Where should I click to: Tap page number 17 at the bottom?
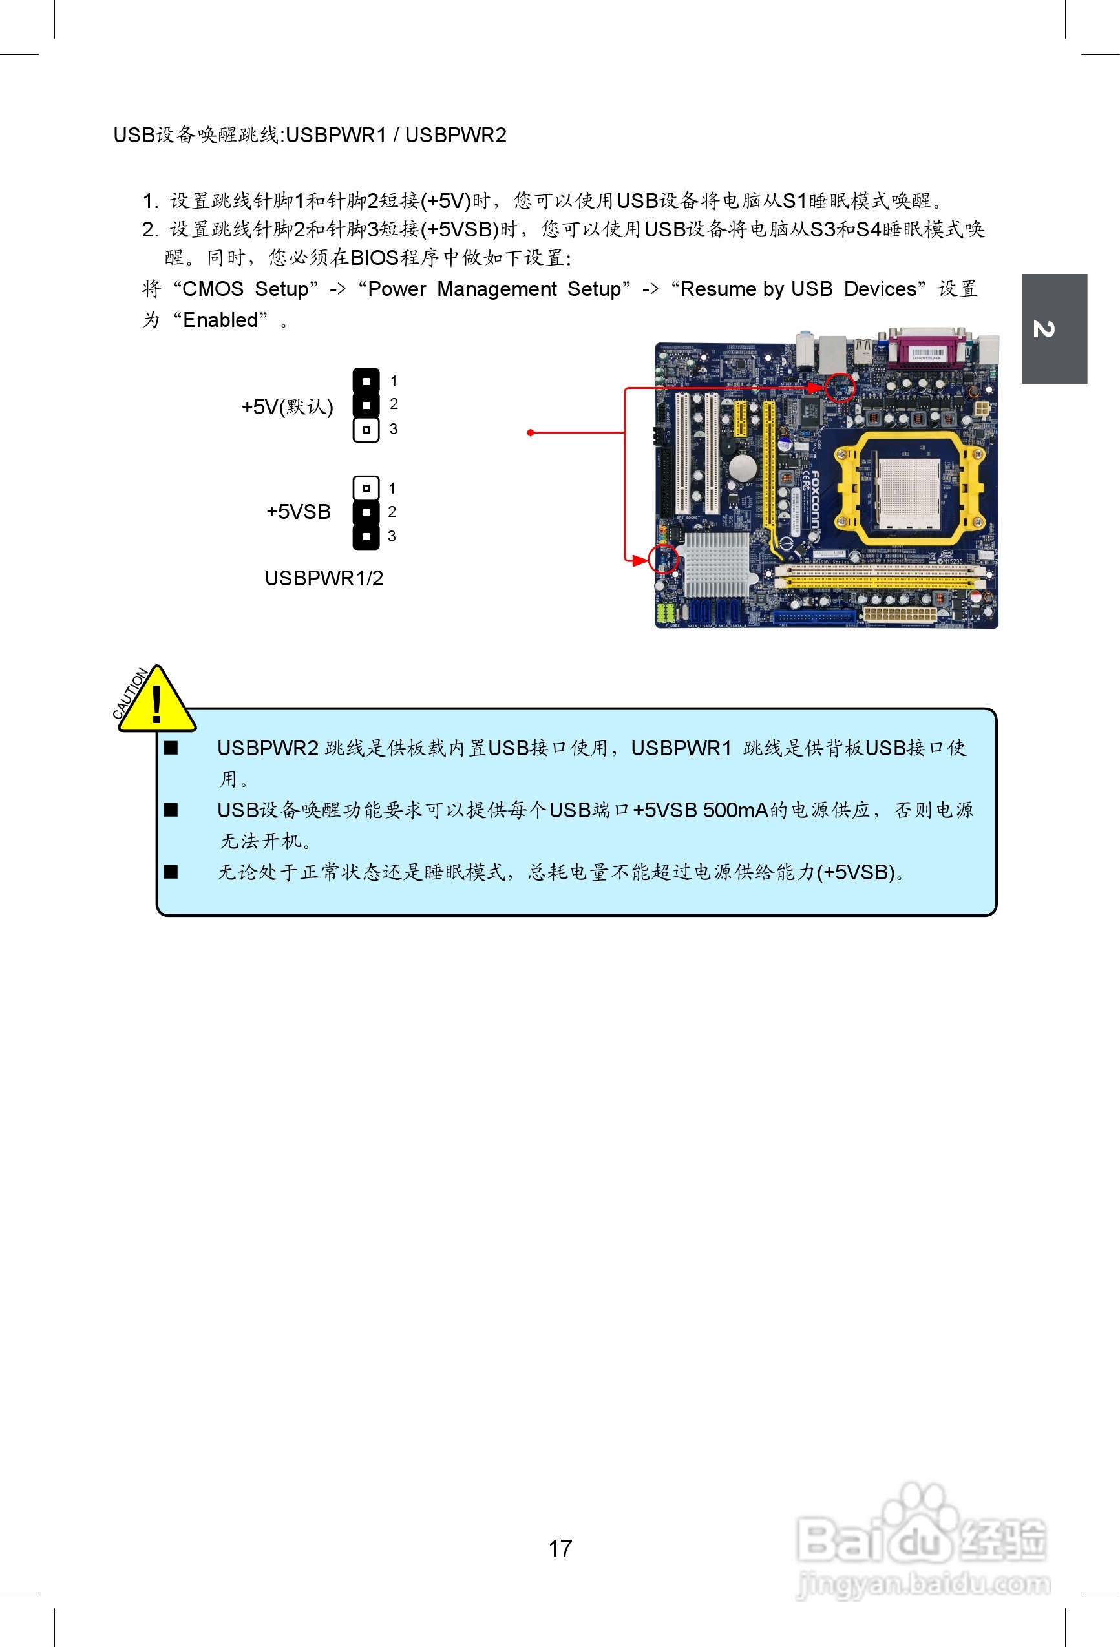coord(560,1547)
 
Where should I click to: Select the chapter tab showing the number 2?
coord(1053,329)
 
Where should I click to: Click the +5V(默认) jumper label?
coord(287,407)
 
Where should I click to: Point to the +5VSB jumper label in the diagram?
coord(299,512)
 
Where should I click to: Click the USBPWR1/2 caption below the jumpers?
coord(324,578)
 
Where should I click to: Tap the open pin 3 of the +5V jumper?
coord(366,430)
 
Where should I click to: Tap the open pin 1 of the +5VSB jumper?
coord(366,488)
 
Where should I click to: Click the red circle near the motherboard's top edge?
coord(840,387)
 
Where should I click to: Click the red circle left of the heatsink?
coord(664,559)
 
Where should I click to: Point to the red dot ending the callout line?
coord(530,432)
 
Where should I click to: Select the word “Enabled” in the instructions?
coord(220,320)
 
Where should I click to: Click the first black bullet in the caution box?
coord(171,748)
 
